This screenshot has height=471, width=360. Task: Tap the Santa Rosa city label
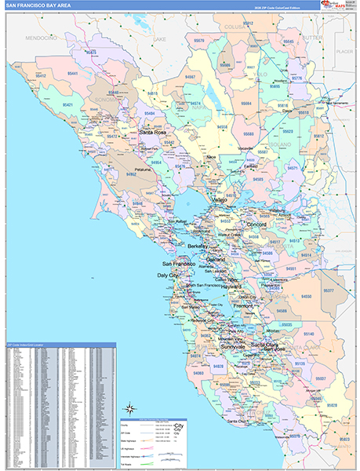click(x=152, y=133)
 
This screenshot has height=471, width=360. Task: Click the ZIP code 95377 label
click(x=329, y=290)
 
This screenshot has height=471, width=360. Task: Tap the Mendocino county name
click(x=40, y=38)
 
